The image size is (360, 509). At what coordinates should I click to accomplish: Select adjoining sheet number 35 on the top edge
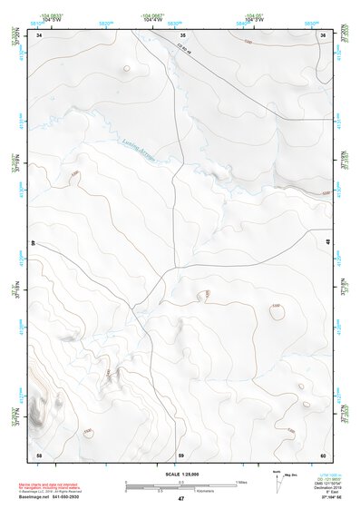pos(180,35)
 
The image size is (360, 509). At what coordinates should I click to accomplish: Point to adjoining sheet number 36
pos(323,35)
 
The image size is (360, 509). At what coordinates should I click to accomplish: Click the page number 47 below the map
pos(180,499)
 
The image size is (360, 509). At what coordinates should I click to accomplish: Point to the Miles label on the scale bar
pos(242,481)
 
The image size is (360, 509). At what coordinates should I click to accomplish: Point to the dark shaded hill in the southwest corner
pos(38,413)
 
